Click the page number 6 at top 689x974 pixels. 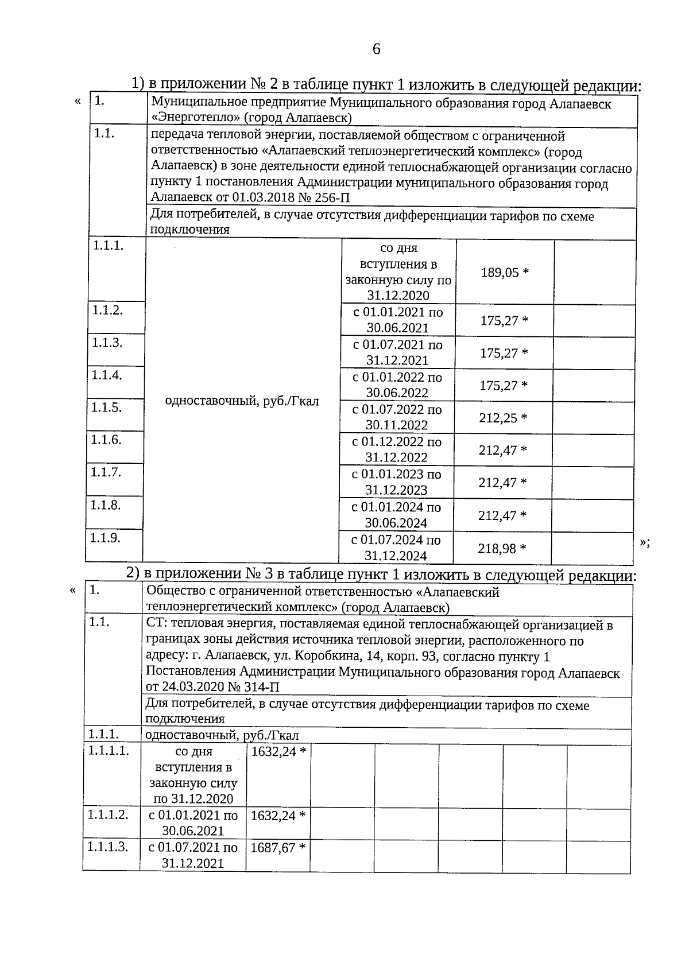[376, 49]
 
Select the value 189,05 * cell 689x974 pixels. [505, 272]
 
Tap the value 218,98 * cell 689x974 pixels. [502, 549]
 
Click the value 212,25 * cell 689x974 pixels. [503, 418]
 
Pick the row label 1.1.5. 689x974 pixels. [106, 408]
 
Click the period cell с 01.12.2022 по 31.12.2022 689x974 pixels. [397, 449]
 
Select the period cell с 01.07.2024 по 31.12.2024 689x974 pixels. [396, 548]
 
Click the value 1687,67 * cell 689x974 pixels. [278, 847]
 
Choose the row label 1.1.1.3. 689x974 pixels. [107, 847]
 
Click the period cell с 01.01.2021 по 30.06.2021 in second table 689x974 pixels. [193, 822]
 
